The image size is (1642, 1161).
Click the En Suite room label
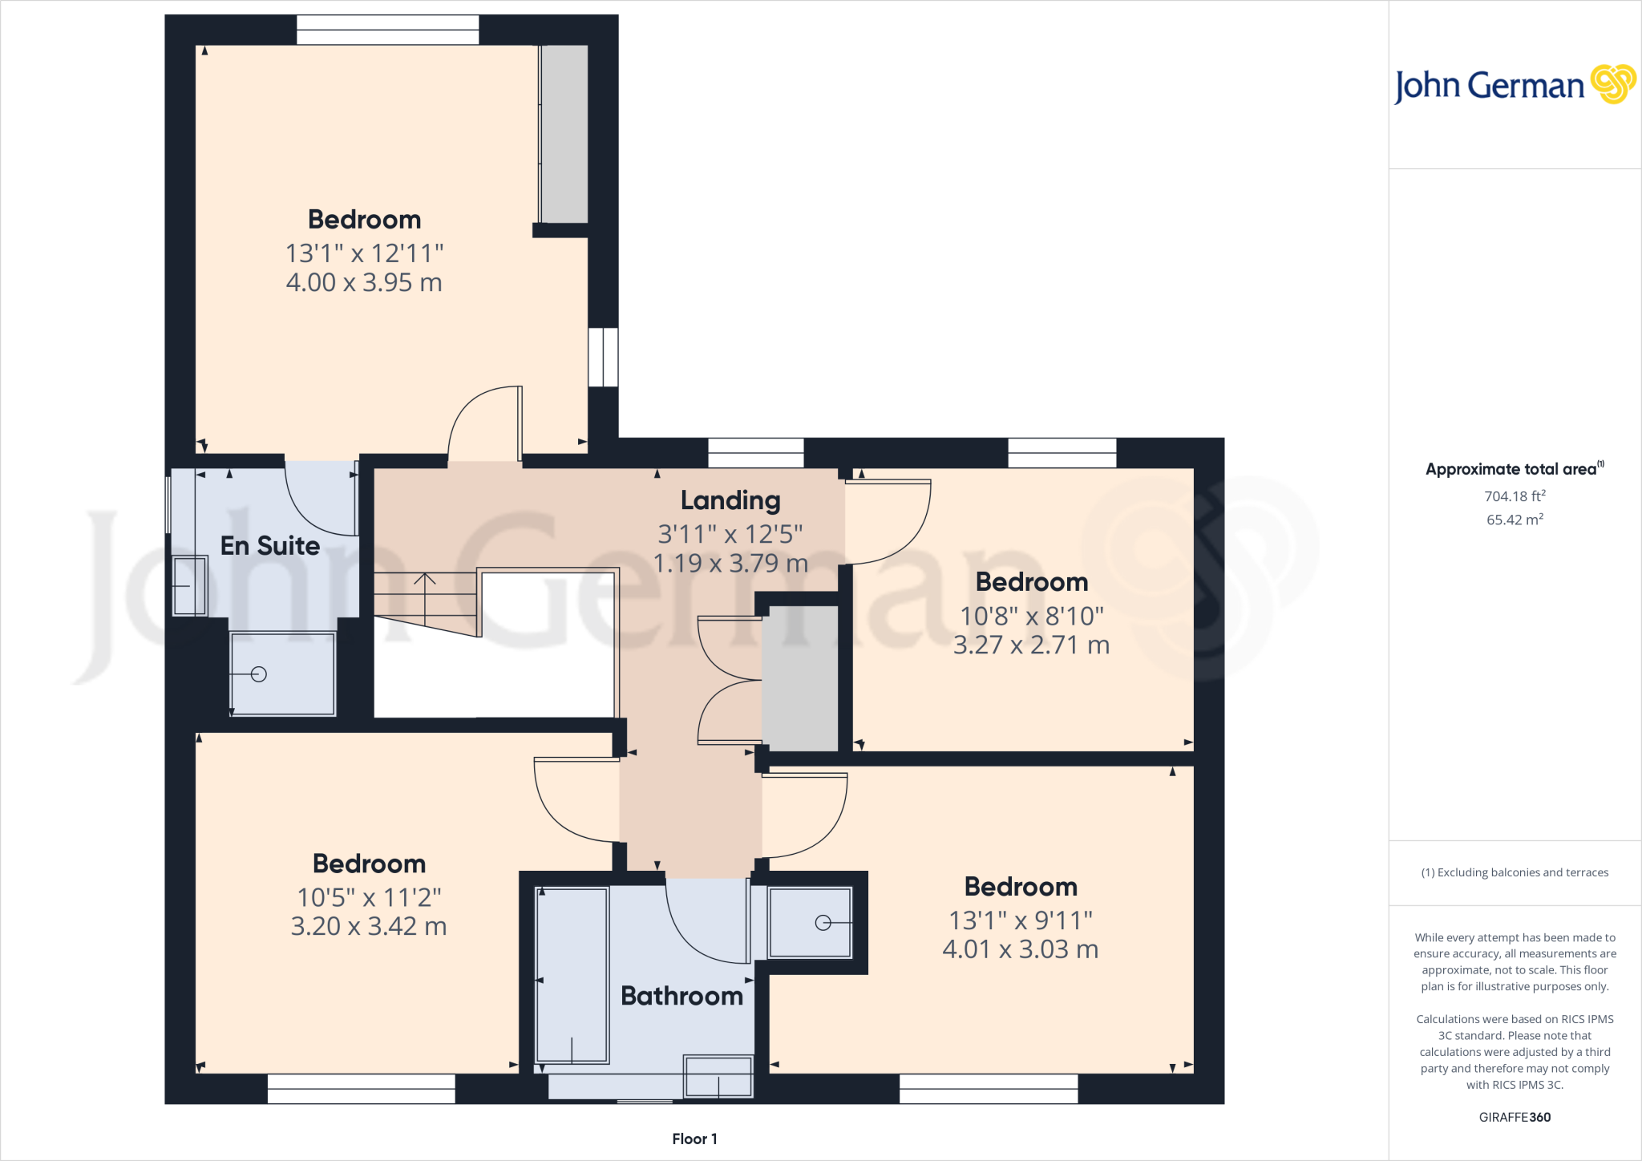[x=269, y=546]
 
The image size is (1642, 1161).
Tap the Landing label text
[x=730, y=500]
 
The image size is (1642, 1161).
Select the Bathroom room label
[x=681, y=996]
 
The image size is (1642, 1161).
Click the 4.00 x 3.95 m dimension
[x=364, y=282]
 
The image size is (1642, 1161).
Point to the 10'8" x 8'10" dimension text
[x=1032, y=616]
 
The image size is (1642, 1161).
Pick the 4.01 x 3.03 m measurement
[x=1020, y=949]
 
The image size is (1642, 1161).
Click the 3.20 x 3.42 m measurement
[x=368, y=926]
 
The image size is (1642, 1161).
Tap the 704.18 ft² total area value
[x=1515, y=496]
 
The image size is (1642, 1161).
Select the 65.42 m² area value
[x=1515, y=520]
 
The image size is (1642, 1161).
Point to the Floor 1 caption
[x=694, y=1139]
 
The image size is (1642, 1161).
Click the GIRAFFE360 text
[x=1515, y=1117]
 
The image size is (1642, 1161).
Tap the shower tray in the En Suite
[x=282, y=674]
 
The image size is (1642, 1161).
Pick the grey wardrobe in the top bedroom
[x=564, y=133]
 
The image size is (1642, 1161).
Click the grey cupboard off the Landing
[x=799, y=678]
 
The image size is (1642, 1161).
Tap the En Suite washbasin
[x=190, y=586]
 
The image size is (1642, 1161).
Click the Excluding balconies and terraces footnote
[x=1515, y=872]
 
